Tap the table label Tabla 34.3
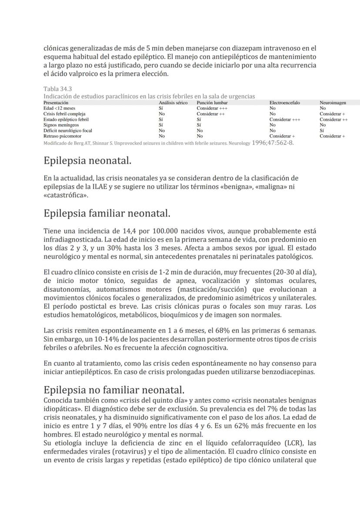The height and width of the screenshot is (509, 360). (x=58, y=89)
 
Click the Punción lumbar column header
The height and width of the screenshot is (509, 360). (x=212, y=103)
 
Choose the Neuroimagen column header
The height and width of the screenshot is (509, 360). (x=333, y=103)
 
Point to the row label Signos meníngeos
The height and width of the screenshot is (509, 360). (x=61, y=125)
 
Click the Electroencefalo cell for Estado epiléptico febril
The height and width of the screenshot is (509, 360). (x=285, y=119)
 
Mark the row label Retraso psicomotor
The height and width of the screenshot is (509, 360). (x=62, y=136)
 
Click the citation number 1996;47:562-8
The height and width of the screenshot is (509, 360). (x=273, y=142)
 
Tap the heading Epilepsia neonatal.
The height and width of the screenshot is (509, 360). (x=87, y=161)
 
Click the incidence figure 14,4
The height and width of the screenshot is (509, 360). (x=132, y=231)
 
